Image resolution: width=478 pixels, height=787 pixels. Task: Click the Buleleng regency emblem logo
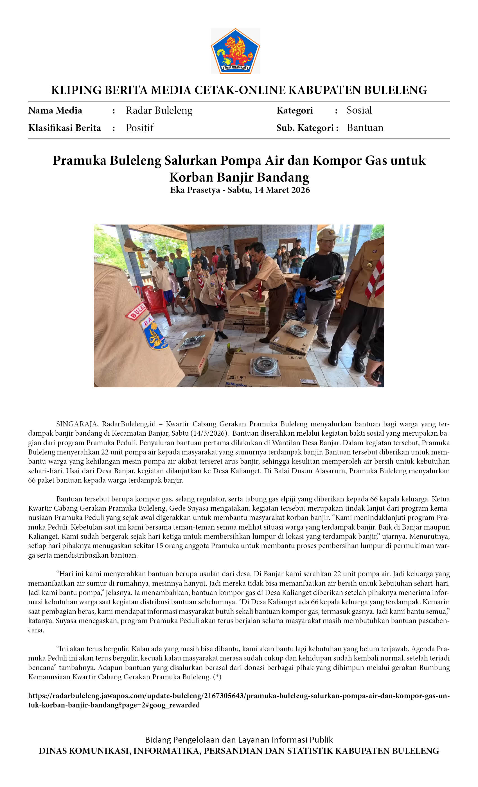point(235,51)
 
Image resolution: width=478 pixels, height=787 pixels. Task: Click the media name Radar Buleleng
point(159,110)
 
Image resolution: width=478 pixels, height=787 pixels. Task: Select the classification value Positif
point(140,128)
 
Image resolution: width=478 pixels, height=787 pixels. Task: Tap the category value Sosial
point(359,110)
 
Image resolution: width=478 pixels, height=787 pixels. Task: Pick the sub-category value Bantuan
point(365,128)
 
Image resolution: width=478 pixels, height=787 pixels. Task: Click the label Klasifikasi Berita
point(65,128)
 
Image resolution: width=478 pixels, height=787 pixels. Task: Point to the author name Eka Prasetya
point(195,190)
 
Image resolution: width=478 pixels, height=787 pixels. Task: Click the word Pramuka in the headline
point(80,160)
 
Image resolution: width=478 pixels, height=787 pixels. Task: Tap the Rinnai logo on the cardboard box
point(253,313)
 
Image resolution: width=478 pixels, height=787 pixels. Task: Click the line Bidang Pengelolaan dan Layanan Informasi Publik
point(239,740)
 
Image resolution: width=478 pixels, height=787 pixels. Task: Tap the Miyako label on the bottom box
point(237,385)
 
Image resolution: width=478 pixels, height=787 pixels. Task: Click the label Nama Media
point(55,110)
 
